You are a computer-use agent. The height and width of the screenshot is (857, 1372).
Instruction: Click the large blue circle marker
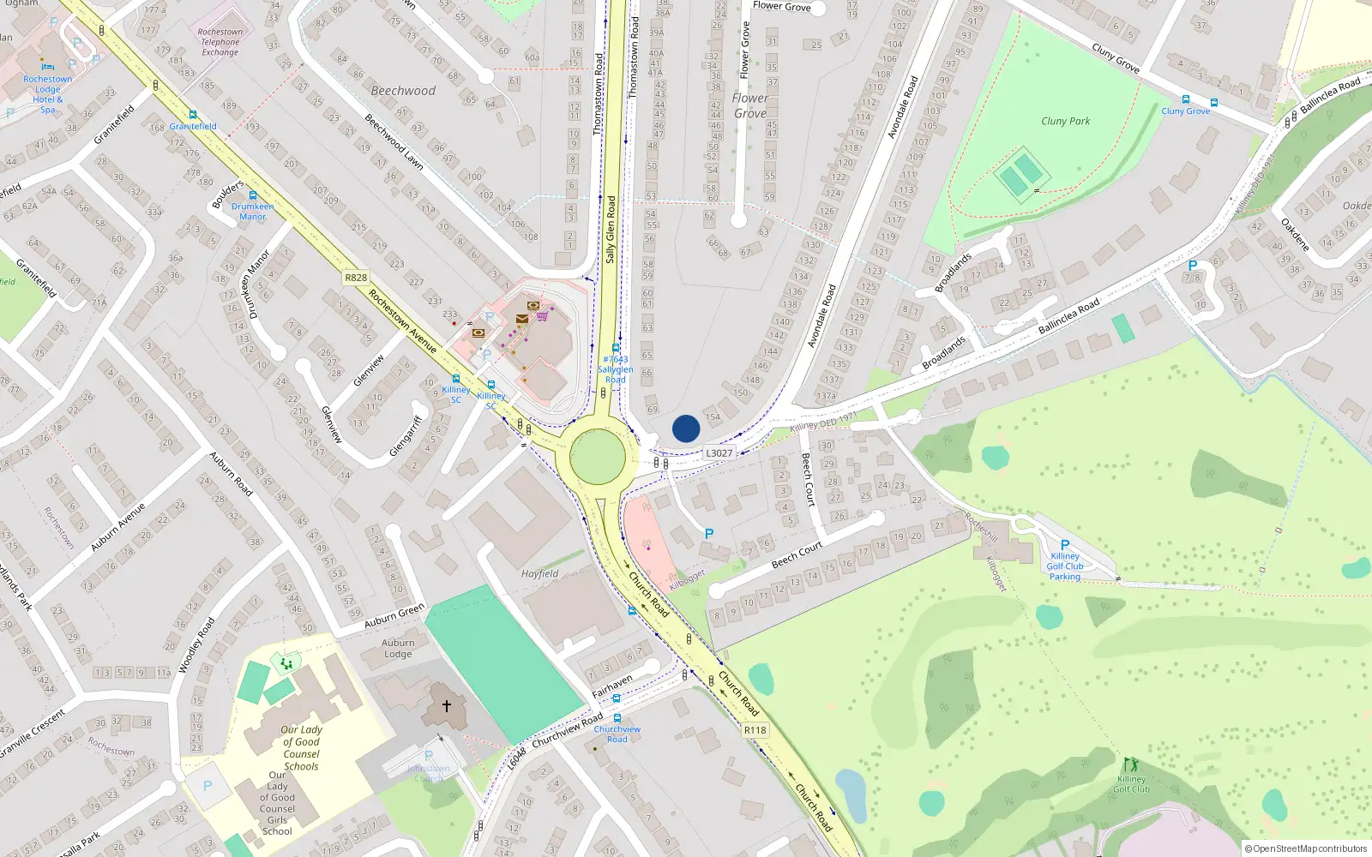point(685,428)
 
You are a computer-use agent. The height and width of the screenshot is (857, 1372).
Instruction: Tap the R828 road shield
point(356,278)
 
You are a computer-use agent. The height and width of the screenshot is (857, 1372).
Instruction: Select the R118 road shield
point(755,730)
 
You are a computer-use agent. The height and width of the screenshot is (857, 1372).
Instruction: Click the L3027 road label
point(719,453)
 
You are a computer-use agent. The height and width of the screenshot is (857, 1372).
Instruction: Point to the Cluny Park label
point(1065,121)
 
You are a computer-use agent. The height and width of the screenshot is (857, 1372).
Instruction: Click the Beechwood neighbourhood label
point(403,91)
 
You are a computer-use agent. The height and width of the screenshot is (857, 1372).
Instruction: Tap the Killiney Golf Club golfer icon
point(1130,764)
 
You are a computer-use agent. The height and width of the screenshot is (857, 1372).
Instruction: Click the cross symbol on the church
point(446,706)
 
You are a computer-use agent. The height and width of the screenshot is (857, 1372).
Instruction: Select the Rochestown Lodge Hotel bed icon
point(47,66)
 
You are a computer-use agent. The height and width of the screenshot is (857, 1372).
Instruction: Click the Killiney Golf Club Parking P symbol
point(1064,545)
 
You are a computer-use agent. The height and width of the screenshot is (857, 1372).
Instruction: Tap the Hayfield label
point(539,574)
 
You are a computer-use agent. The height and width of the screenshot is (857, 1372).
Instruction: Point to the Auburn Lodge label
point(398,648)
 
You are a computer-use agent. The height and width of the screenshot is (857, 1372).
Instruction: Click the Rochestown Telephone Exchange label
point(220,42)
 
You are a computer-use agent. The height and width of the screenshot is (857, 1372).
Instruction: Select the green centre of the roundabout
point(598,456)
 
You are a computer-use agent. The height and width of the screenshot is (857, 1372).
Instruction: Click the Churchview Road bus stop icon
point(617,718)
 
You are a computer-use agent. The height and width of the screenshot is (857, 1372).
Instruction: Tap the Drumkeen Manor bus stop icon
point(252,195)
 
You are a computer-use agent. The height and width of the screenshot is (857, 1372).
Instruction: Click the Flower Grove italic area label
point(749,105)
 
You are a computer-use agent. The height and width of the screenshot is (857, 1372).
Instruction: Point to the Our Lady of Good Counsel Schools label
point(301,748)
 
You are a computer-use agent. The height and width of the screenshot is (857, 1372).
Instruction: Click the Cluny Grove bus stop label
point(1185,111)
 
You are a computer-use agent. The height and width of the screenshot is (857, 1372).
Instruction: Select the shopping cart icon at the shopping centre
point(542,316)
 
